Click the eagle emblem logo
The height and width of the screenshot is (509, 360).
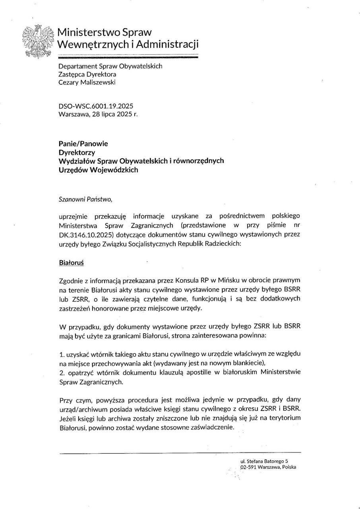[x=37, y=43]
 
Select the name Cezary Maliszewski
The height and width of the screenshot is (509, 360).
[x=87, y=83]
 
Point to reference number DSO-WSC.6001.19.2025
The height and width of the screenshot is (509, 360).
[x=96, y=106]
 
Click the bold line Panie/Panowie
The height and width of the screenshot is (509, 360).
[x=83, y=144]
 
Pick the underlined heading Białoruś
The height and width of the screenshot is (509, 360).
[x=71, y=263]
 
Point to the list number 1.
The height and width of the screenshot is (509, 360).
[x=61, y=354]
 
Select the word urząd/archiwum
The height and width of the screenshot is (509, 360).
[x=81, y=408]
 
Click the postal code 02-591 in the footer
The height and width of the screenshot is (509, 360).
[x=248, y=468]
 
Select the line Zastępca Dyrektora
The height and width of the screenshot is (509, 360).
[x=87, y=74]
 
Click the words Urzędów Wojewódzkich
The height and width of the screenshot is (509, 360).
[x=98, y=170]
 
